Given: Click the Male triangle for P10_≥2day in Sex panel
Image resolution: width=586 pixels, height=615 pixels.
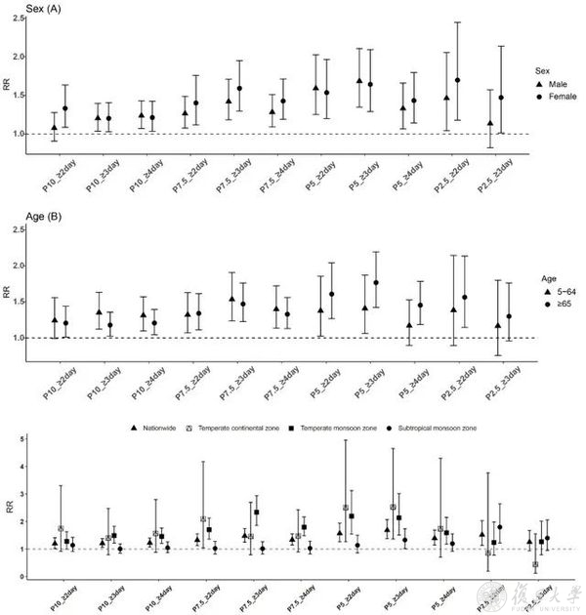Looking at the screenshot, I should (55, 127).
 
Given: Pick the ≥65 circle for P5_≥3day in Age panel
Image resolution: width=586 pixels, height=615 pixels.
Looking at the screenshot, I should (375, 282).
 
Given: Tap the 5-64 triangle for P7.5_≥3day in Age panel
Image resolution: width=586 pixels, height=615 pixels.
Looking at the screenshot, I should (232, 300).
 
